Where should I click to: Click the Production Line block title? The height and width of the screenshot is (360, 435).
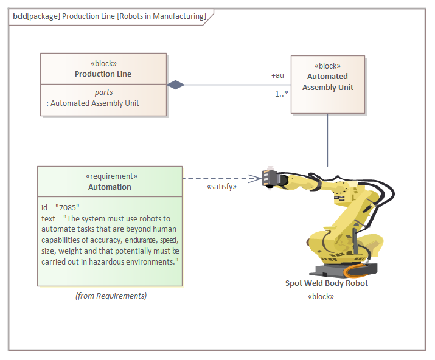click(x=103, y=74)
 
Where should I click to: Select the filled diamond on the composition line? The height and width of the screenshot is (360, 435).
click(x=176, y=85)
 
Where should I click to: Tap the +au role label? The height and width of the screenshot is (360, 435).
click(x=277, y=76)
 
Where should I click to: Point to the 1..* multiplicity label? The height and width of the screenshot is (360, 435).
click(x=280, y=94)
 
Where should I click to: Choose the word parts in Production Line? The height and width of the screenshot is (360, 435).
click(x=103, y=92)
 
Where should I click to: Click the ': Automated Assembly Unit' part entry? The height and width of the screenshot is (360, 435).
click(x=92, y=103)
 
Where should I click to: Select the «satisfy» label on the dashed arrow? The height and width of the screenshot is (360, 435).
click(x=221, y=187)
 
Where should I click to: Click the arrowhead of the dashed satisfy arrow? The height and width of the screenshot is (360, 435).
click(x=257, y=178)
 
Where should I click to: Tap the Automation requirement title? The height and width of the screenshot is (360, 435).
click(x=110, y=187)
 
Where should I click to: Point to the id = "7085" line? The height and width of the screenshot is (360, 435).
click(x=61, y=207)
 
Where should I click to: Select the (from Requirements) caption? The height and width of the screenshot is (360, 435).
click(x=111, y=296)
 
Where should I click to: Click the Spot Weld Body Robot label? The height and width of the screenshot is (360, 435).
click(x=327, y=283)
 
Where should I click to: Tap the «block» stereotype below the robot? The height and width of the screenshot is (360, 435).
click(x=321, y=297)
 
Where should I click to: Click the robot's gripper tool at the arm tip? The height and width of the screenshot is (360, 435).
click(x=270, y=178)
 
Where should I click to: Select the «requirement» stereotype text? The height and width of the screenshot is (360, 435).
click(x=110, y=176)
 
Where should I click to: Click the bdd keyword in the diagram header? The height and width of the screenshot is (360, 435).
click(x=19, y=16)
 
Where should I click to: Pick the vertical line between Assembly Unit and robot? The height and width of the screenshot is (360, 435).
click(x=328, y=140)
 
